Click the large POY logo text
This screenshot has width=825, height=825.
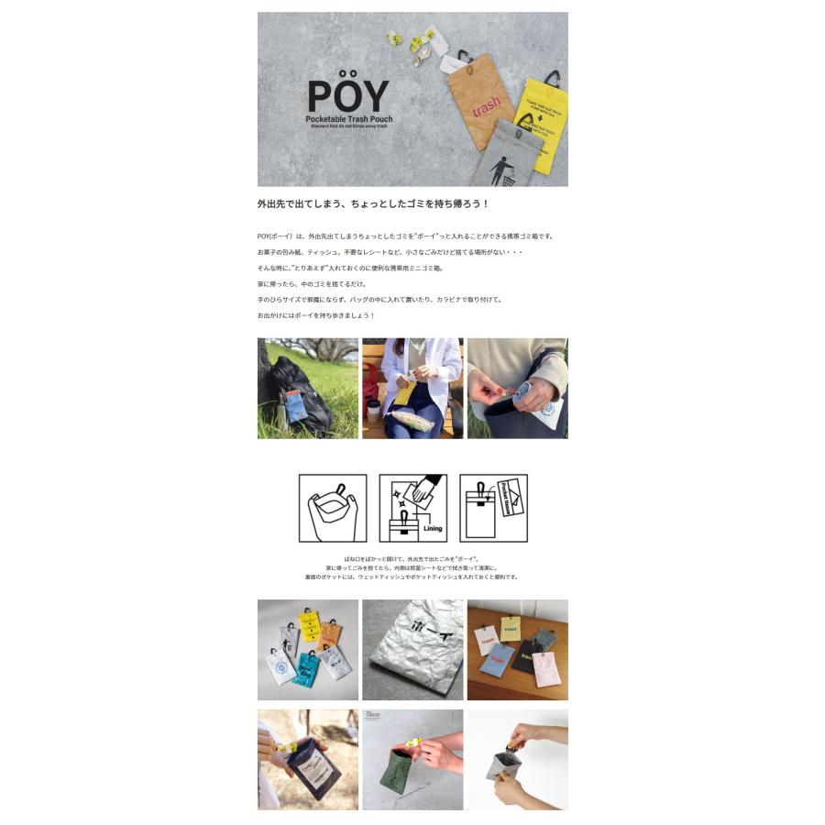point(347,94)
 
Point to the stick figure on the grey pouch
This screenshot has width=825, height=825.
point(500,169)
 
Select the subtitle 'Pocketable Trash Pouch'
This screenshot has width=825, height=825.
point(348,120)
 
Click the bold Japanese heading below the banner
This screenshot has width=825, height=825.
point(373,204)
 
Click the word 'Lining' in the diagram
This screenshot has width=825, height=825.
point(432,529)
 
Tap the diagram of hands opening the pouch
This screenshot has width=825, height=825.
point(332,509)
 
